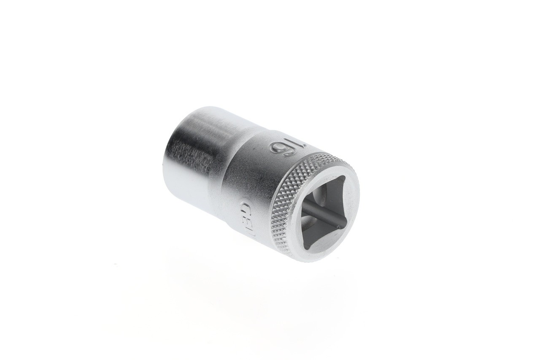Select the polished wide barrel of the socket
click(194, 152)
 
